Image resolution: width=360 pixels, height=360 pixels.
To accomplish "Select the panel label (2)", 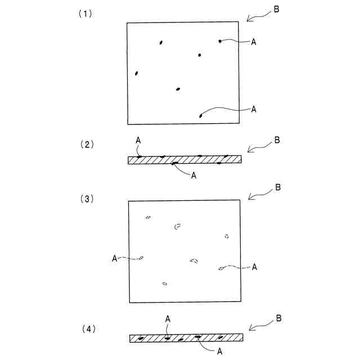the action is click(87, 144).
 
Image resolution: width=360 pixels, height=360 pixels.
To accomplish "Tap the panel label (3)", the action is click(87, 199).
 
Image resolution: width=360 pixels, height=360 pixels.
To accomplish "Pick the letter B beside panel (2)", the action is click(276, 140).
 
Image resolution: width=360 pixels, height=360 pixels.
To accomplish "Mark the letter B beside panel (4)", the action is click(278, 319).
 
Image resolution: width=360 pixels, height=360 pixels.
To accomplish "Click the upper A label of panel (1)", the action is click(253, 42).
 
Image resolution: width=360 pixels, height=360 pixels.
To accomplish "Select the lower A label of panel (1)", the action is click(253, 109).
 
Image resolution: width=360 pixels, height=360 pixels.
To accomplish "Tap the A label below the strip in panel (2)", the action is click(193, 175).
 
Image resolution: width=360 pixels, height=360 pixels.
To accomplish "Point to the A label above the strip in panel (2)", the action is click(138, 139).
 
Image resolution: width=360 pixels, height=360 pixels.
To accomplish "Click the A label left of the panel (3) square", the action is click(115, 258).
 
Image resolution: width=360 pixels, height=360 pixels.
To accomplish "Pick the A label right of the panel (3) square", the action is click(254, 267).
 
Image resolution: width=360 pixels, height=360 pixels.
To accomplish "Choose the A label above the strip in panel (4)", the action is click(168, 319).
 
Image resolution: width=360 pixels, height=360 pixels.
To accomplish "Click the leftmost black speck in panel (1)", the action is click(137, 73).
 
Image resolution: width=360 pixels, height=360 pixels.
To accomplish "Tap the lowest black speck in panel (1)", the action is click(201, 116).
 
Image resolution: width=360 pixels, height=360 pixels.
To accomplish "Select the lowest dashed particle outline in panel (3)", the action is click(164, 283).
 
